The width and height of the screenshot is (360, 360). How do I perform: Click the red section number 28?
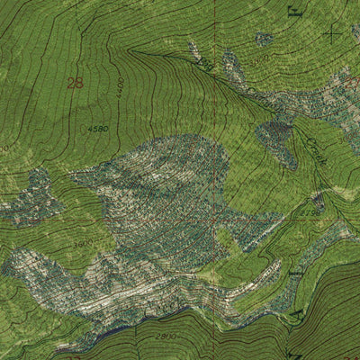[x=75, y=83]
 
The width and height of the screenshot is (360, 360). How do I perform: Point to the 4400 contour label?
[x=120, y=87]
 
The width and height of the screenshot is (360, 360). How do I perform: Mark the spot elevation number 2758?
[x=309, y=212]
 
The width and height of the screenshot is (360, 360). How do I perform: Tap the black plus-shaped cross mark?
[x=333, y=34]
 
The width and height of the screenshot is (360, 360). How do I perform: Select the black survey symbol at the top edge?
[x=293, y=11]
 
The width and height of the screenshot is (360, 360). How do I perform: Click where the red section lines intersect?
[x=215, y=216]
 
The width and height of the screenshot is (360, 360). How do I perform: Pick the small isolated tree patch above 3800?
[x=264, y=39]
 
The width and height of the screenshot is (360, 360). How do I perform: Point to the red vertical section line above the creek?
[x=215, y=36]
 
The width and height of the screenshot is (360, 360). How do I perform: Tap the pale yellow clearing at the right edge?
[x=346, y=193]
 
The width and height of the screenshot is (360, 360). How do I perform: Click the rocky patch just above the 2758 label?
[x=317, y=200]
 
